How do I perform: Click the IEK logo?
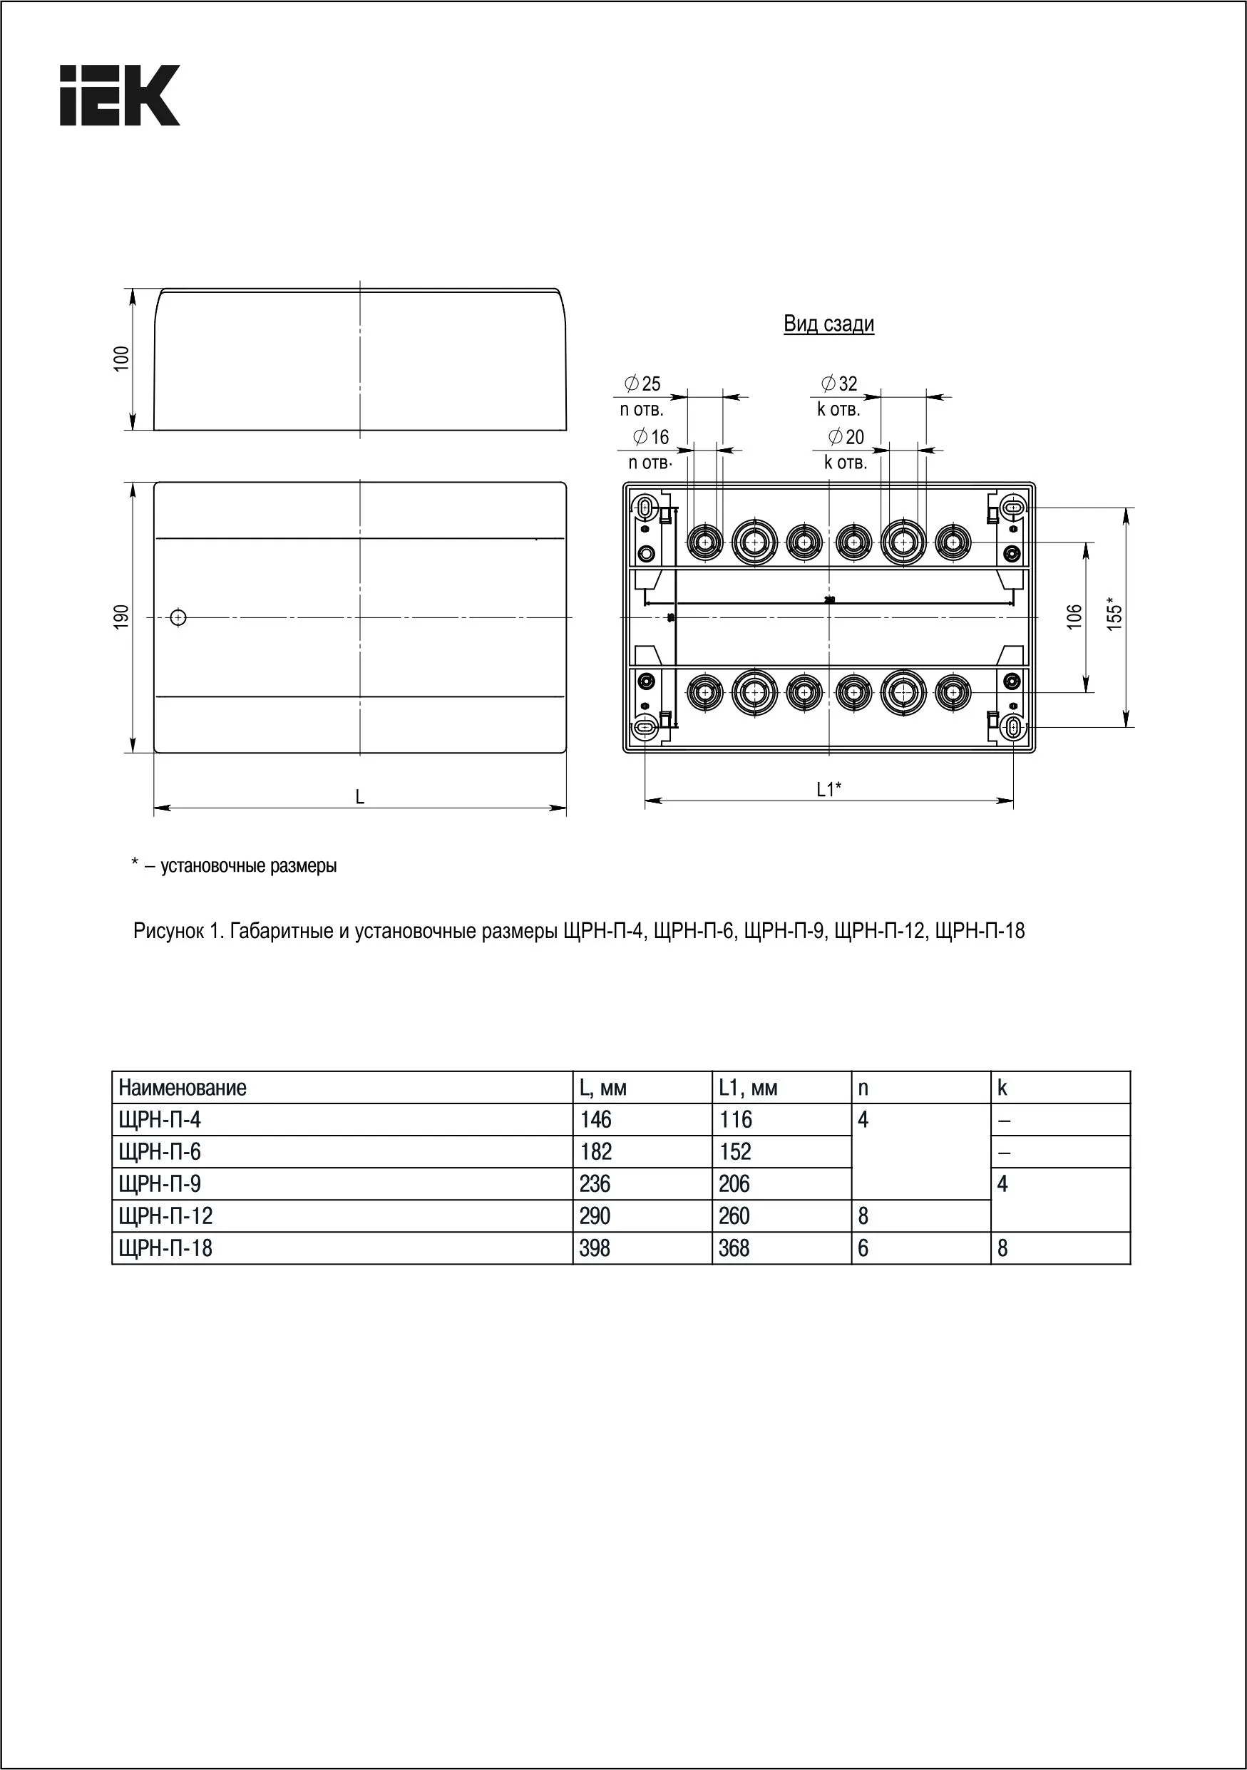click(120, 95)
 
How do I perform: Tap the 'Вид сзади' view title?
click(828, 324)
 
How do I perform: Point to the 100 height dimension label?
click(122, 359)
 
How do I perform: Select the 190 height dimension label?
click(122, 617)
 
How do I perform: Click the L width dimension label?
click(359, 797)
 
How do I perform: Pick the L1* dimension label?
click(829, 789)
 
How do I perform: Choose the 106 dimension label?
click(1074, 617)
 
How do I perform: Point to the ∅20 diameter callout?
click(846, 437)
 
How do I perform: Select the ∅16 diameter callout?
click(651, 437)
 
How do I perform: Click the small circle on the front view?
click(178, 617)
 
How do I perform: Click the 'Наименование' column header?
click(183, 1089)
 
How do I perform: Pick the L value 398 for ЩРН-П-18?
click(595, 1248)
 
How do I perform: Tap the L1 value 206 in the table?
click(734, 1184)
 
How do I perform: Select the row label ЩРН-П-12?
click(166, 1217)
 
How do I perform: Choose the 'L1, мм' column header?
click(747, 1089)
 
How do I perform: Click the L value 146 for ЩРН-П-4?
click(595, 1120)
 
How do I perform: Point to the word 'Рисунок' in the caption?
click(167, 931)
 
